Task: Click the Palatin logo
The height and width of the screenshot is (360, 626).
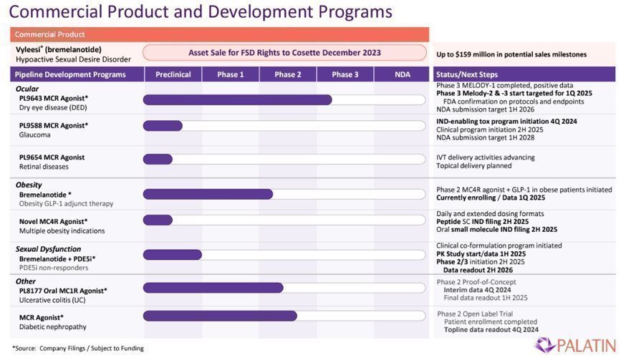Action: [575, 344]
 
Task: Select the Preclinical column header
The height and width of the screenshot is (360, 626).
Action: [172, 74]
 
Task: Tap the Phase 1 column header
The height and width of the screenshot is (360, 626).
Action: [230, 74]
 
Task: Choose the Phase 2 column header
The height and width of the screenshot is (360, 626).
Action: [287, 74]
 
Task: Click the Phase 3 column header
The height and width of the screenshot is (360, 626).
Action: [345, 74]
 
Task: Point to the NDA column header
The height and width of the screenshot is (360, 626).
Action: [402, 74]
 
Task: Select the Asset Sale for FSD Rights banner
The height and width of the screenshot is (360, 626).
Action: [284, 53]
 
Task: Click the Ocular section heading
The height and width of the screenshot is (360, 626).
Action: [27, 89]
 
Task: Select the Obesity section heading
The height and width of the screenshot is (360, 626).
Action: [29, 185]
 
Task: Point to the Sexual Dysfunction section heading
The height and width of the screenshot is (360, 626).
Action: [48, 248]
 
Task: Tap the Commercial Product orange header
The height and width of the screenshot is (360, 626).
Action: [219, 34]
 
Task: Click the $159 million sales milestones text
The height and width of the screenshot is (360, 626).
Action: [511, 54]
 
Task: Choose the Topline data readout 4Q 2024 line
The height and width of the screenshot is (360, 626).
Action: [491, 330]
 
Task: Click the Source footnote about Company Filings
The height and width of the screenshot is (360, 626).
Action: [78, 349]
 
